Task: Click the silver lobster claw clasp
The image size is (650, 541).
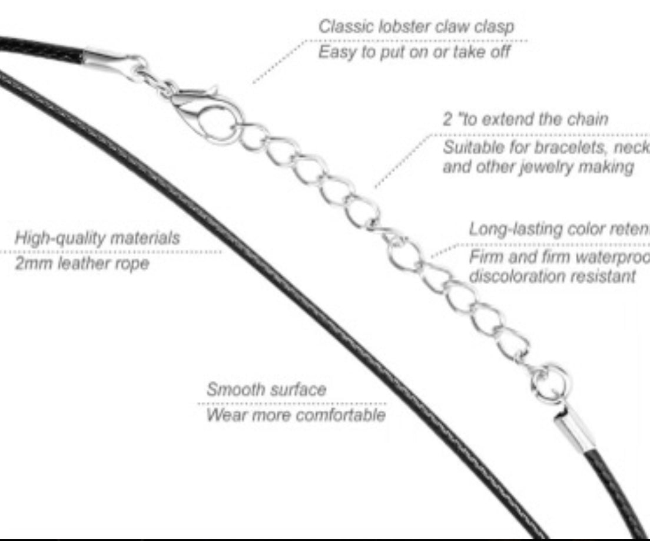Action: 203,109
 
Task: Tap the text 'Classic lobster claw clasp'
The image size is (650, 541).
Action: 416,27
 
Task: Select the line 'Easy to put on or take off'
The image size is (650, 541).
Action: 414,52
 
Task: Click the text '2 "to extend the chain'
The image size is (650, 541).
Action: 525,119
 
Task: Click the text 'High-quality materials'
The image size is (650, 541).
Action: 97,238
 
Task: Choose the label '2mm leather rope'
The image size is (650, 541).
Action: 82,263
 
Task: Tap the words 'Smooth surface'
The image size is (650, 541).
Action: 266,390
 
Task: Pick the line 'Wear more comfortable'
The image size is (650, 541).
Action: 296,415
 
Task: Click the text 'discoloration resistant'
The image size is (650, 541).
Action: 552,276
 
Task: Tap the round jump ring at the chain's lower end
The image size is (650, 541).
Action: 551,382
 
